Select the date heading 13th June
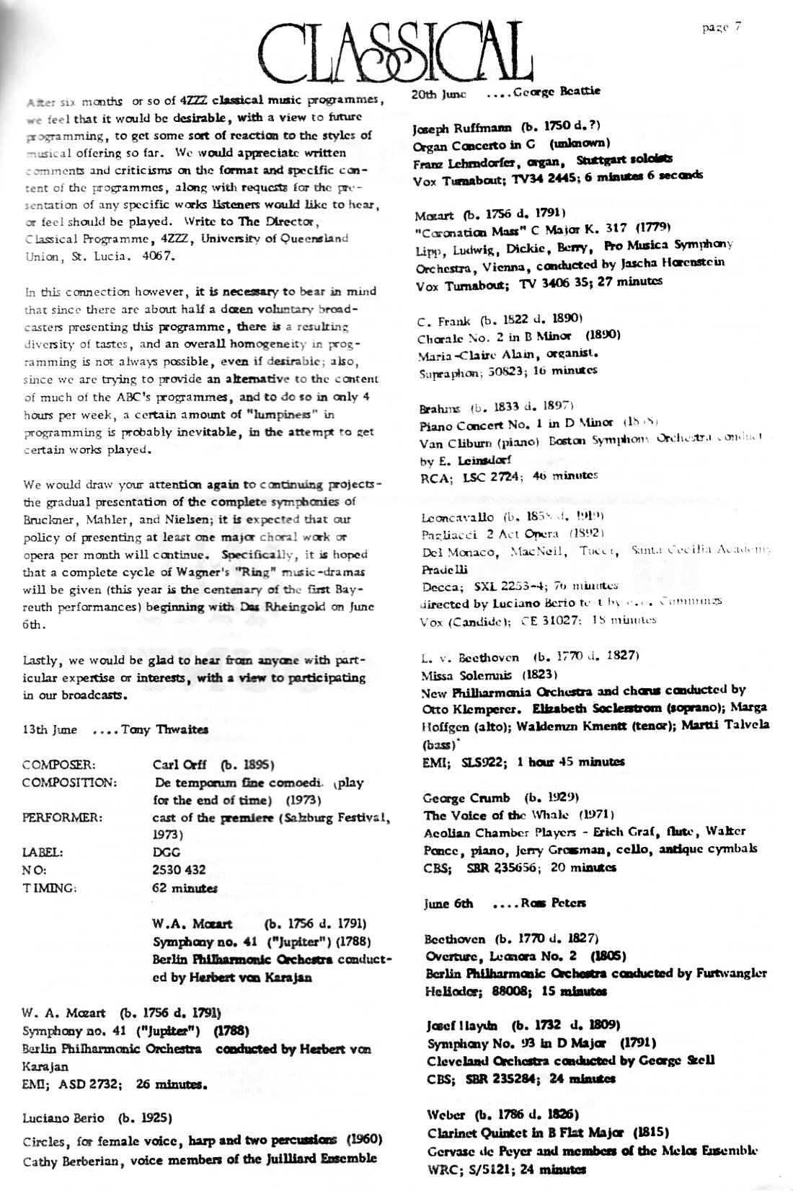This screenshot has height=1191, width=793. coord(50,729)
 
